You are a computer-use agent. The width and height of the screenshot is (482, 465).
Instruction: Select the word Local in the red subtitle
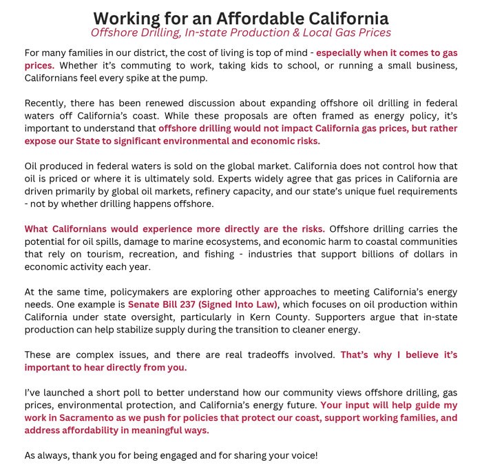coord(318,32)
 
